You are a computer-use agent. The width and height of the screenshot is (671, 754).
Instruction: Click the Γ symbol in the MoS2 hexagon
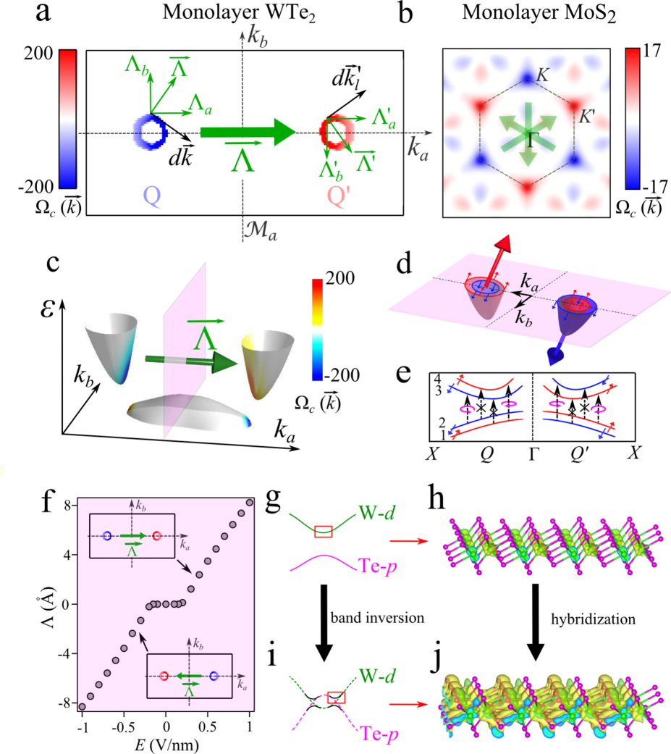point(533,140)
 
